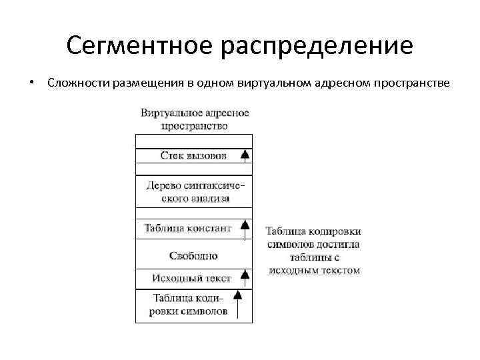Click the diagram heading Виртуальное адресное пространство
[x=195, y=119]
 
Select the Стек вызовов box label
[x=193, y=155]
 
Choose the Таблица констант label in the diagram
[x=188, y=228]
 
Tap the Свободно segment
[x=193, y=255]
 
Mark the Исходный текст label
[x=191, y=277]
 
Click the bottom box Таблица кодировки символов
[x=191, y=305]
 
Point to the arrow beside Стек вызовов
[x=245, y=155]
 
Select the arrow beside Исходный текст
[x=245, y=275]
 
